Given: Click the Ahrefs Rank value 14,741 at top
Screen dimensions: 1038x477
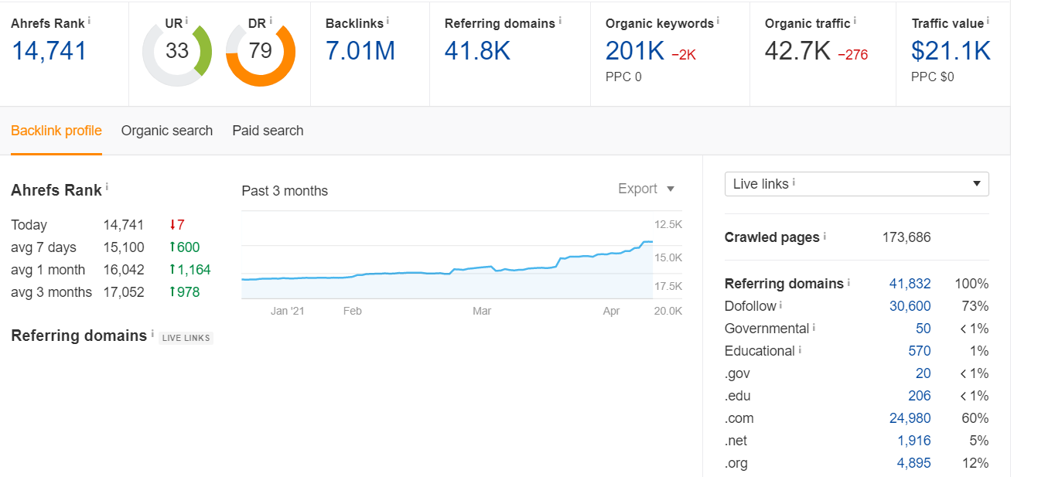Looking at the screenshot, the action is [x=50, y=51].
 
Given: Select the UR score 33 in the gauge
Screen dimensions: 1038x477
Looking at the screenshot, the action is [x=177, y=51].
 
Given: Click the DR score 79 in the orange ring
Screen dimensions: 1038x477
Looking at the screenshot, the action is [x=260, y=51].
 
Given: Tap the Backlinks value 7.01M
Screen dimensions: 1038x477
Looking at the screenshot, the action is [x=360, y=51].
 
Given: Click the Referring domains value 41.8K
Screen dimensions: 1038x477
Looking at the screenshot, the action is [x=477, y=51].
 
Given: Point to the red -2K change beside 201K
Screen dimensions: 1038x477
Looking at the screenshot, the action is [x=684, y=55].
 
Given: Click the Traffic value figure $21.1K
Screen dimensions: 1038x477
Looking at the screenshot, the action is [x=951, y=51].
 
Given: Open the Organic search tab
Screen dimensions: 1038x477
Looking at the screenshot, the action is [x=167, y=131].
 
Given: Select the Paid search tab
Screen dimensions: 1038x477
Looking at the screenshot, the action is [x=268, y=131].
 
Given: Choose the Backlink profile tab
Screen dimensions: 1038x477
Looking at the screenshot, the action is [x=56, y=131].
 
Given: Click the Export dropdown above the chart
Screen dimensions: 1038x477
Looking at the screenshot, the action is [x=646, y=189].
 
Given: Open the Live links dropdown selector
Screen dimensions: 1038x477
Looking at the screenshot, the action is [x=857, y=184].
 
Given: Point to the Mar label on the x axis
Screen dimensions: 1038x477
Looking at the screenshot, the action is [x=482, y=311].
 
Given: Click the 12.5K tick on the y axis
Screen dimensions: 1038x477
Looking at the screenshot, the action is [x=668, y=225].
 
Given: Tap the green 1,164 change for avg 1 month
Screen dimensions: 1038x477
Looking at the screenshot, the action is [x=190, y=270].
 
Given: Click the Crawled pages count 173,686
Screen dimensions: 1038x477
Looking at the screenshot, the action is [x=907, y=237].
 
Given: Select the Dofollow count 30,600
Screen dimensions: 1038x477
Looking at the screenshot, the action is [x=910, y=306].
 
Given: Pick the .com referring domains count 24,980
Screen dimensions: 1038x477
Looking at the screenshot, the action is [x=910, y=418].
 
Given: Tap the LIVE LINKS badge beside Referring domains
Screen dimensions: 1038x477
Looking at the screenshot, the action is [x=186, y=338].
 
